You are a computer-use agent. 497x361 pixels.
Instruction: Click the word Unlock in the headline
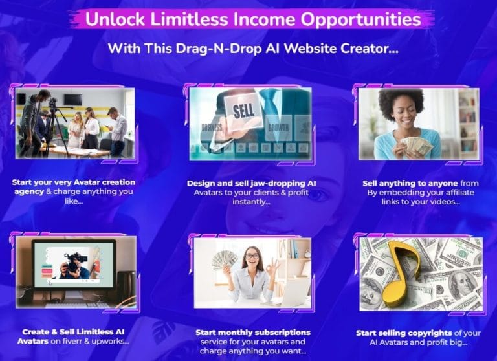[x=115, y=19]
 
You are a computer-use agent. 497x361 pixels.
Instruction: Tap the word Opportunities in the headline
[x=360, y=20]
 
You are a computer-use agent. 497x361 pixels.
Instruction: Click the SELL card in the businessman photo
[x=243, y=111]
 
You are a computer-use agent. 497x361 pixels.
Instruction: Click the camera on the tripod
[x=52, y=102]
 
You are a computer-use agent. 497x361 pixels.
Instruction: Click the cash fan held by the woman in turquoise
[x=415, y=146]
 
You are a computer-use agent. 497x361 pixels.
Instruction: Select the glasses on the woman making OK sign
[x=252, y=257]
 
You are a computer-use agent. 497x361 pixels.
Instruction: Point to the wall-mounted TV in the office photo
[x=73, y=100]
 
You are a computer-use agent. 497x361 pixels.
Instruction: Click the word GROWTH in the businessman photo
[x=279, y=127]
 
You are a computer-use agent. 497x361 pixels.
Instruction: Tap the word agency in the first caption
[x=29, y=191]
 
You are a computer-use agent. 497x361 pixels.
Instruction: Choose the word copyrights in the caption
[x=430, y=333]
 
